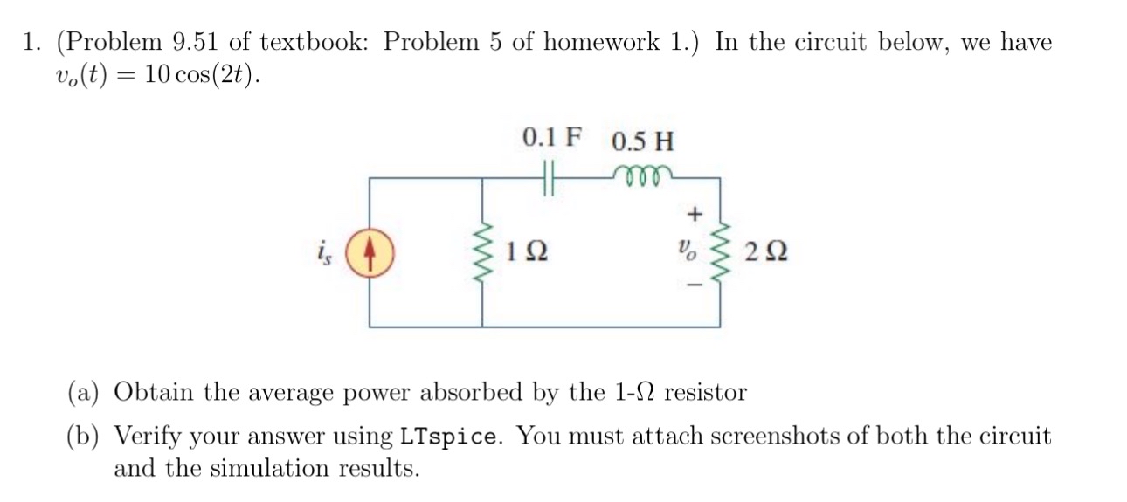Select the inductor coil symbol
click(x=645, y=174)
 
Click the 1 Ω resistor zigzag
click(x=484, y=253)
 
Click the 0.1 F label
click(x=550, y=138)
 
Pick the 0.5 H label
click(x=643, y=141)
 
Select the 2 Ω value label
click(x=765, y=254)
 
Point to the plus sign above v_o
click(x=695, y=212)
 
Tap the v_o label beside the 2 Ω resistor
click(x=693, y=254)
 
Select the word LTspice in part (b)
click(x=451, y=436)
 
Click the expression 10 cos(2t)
click(x=203, y=76)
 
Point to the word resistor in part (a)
click(x=706, y=392)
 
